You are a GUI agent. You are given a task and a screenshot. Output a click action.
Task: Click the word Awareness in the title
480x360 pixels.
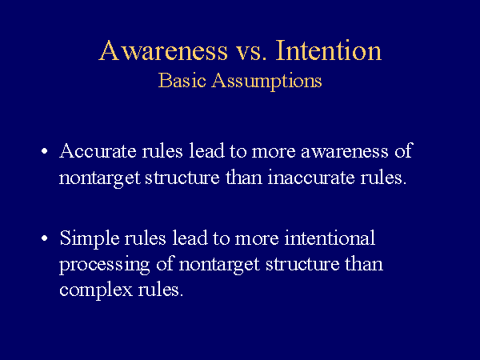tap(163, 50)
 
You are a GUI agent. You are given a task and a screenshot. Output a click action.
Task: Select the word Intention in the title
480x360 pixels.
tap(329, 50)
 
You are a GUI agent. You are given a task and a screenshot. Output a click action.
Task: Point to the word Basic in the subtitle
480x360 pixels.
tap(182, 81)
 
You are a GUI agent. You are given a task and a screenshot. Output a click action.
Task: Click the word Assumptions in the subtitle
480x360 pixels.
tap(266, 82)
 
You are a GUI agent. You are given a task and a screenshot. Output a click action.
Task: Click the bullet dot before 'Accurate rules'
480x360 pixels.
tap(45, 151)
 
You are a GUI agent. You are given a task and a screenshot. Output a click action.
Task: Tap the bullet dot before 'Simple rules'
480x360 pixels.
tap(45, 238)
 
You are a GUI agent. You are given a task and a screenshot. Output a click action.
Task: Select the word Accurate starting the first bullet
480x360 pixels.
tap(98, 150)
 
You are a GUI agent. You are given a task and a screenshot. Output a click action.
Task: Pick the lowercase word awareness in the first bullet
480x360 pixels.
tap(345, 152)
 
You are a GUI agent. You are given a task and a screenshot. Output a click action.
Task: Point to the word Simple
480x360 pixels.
tap(90, 238)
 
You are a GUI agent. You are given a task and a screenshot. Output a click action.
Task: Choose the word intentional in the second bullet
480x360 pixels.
tap(330, 238)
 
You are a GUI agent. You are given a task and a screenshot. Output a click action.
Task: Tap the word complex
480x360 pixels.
tap(96, 290)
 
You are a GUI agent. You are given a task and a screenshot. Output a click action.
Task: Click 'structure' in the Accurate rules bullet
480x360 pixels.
tap(182, 178)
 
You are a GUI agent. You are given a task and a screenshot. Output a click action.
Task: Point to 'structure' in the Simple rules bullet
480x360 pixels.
tap(302, 265)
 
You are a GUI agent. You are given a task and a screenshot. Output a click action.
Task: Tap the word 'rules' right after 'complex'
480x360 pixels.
tap(161, 289)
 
